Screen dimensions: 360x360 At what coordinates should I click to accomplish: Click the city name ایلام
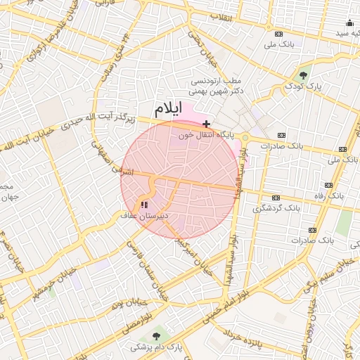tap(167, 109)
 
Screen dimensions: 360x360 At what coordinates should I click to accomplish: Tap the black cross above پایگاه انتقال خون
tap(206, 124)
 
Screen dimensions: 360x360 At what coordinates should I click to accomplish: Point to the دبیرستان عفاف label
tap(143, 215)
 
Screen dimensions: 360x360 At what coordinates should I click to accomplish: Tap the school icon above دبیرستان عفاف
tap(144, 205)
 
